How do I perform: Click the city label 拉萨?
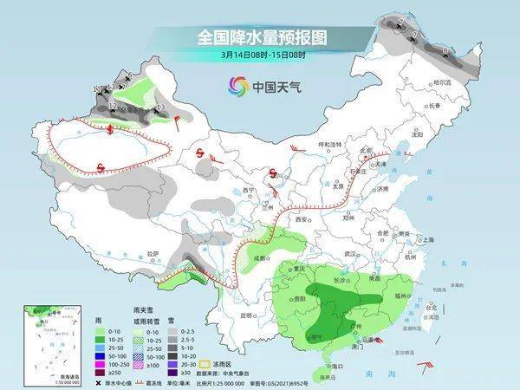pos(153,253)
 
